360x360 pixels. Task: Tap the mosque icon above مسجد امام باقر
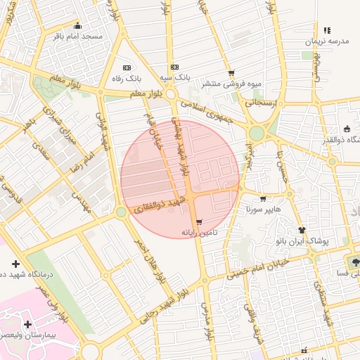pos(77,25)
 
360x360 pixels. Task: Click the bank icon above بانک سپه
pos(175,67)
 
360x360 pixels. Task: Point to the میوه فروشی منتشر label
pos(231,83)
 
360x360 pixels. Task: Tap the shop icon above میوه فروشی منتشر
pos(231,73)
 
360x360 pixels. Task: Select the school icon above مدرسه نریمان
pos(326,30)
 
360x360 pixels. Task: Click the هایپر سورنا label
pos(264,210)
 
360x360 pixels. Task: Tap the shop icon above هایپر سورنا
pos(264,199)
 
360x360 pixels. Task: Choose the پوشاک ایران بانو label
pos(302,240)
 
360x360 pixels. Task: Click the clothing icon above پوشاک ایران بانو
pos(302,230)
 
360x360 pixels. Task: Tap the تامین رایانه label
pos(200,232)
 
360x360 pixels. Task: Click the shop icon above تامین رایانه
pos(200,221)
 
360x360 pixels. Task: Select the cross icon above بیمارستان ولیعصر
pos(27,324)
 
